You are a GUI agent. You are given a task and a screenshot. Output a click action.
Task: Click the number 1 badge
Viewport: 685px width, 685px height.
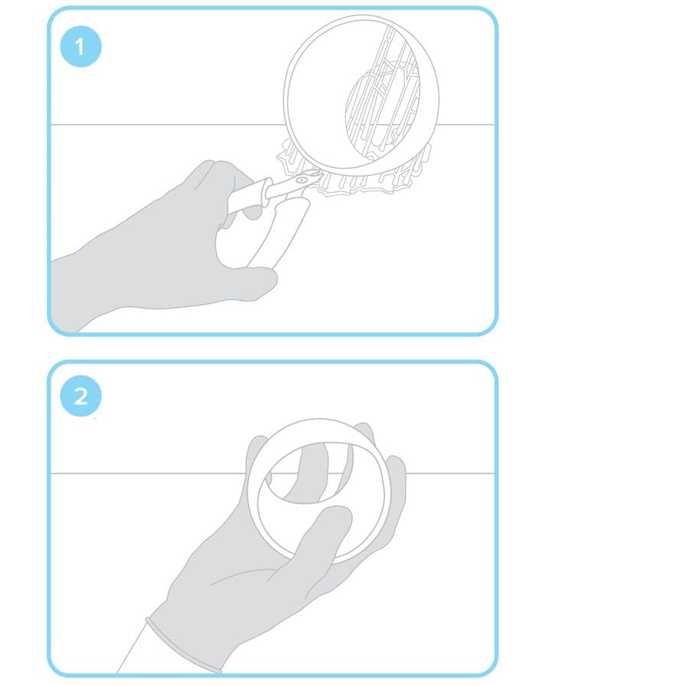point(80,47)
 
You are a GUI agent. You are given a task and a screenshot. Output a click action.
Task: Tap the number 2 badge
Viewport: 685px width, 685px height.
point(80,396)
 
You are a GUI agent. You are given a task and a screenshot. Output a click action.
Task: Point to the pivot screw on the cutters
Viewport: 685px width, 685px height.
point(300,180)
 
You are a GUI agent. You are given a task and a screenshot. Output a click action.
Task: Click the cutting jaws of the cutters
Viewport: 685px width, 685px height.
point(315,176)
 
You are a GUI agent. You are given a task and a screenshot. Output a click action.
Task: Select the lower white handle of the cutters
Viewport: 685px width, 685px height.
point(279,233)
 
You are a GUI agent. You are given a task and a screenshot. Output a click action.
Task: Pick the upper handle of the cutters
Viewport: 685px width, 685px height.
point(249,196)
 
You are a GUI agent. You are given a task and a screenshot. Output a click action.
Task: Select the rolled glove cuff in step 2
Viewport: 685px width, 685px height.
point(184,646)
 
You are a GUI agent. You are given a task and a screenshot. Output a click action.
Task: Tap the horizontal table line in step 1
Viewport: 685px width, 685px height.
point(166,125)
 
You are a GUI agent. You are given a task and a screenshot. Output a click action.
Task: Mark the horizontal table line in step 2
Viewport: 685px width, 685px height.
point(148,473)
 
